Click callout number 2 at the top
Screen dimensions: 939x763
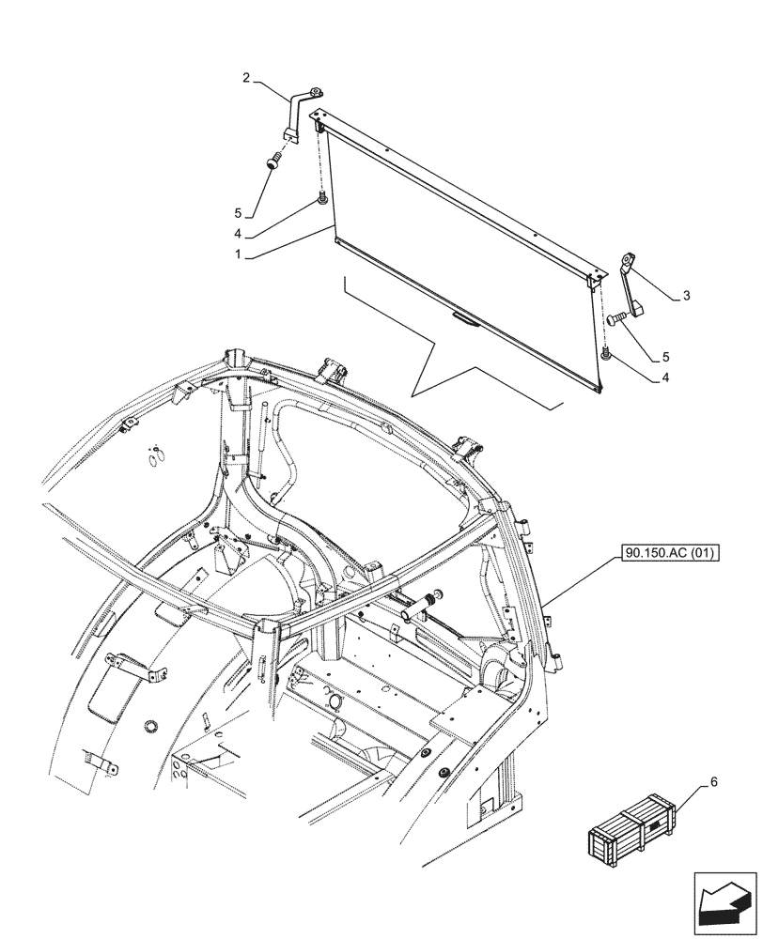coord(246,79)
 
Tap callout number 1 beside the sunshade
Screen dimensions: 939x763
coord(241,254)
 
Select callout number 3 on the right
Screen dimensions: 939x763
coord(687,296)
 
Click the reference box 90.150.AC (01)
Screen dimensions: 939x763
coord(668,555)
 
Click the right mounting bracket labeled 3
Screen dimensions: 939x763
coord(629,291)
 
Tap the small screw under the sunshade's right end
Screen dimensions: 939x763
coord(605,354)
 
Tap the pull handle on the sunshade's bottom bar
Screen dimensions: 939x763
coord(464,317)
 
